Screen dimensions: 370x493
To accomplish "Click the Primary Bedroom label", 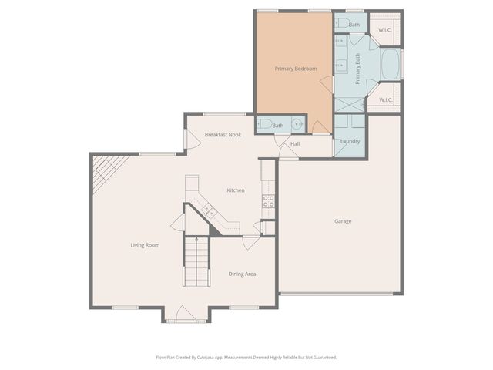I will click(296, 69).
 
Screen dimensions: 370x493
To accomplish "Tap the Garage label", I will click(343, 221).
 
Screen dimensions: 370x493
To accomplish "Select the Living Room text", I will click(144, 245).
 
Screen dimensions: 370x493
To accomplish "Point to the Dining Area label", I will click(242, 274).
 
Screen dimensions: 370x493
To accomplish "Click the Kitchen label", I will click(235, 190).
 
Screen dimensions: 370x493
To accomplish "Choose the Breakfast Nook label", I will click(223, 135).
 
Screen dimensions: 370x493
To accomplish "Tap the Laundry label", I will click(350, 141).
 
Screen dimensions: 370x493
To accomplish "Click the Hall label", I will click(294, 143).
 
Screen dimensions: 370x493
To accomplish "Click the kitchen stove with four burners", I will click(269, 200).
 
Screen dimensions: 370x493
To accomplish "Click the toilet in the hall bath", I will click(264, 124).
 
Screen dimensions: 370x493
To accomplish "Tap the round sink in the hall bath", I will click(297, 124).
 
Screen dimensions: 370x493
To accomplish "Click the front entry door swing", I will click(183, 314).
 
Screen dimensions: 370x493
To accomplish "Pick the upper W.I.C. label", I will click(385, 30).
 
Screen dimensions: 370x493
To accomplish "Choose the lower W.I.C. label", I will click(385, 99).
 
